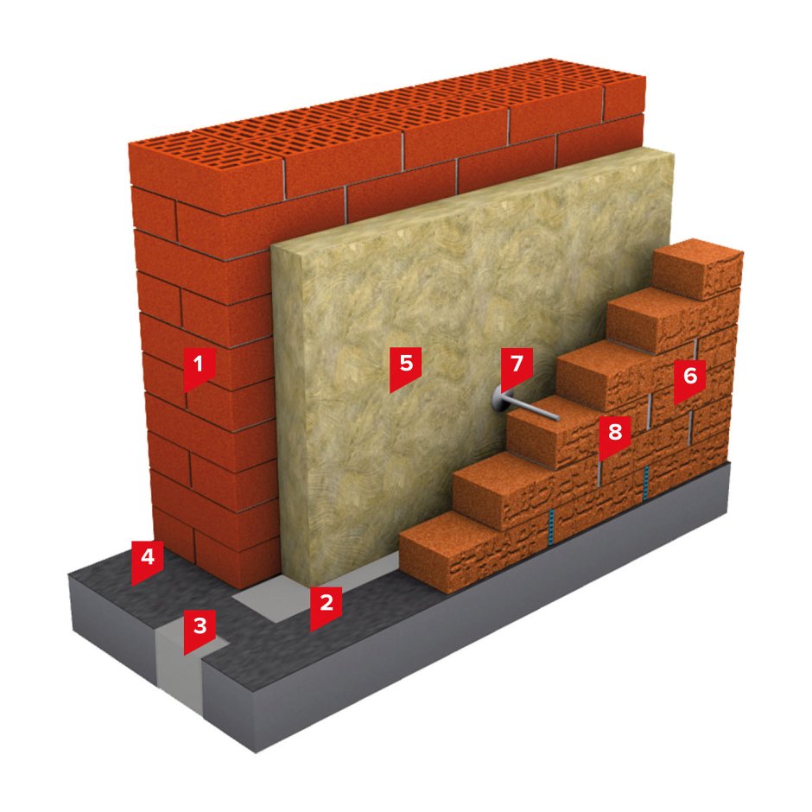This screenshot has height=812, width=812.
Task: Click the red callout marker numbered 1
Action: click(x=199, y=368)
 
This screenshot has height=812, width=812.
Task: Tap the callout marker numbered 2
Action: click(x=326, y=606)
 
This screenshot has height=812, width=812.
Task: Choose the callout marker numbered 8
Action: click(x=615, y=435)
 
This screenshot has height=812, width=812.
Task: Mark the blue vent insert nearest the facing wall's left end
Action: click(x=552, y=526)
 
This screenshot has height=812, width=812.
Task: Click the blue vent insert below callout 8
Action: click(x=645, y=484)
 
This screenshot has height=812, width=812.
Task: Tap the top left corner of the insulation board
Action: click(x=271, y=248)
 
